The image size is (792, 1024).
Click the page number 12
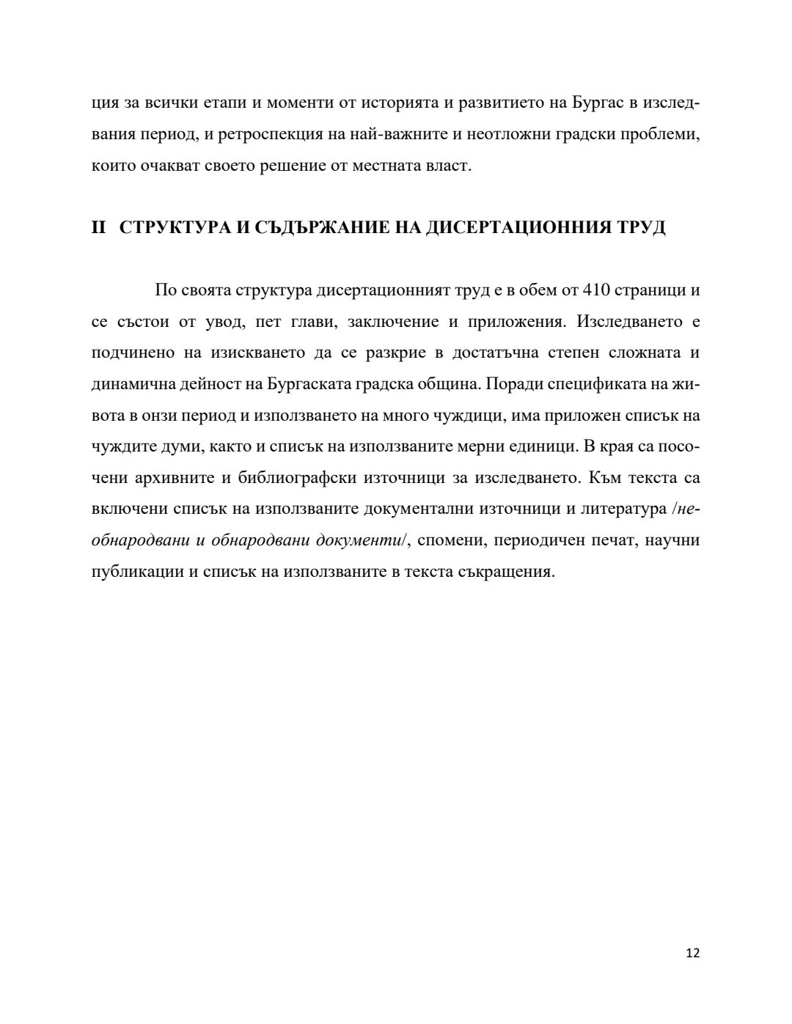(692, 954)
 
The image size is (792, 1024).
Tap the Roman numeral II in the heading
(99, 227)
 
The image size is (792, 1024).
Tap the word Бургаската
(309, 384)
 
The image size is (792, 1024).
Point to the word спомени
(452, 541)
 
